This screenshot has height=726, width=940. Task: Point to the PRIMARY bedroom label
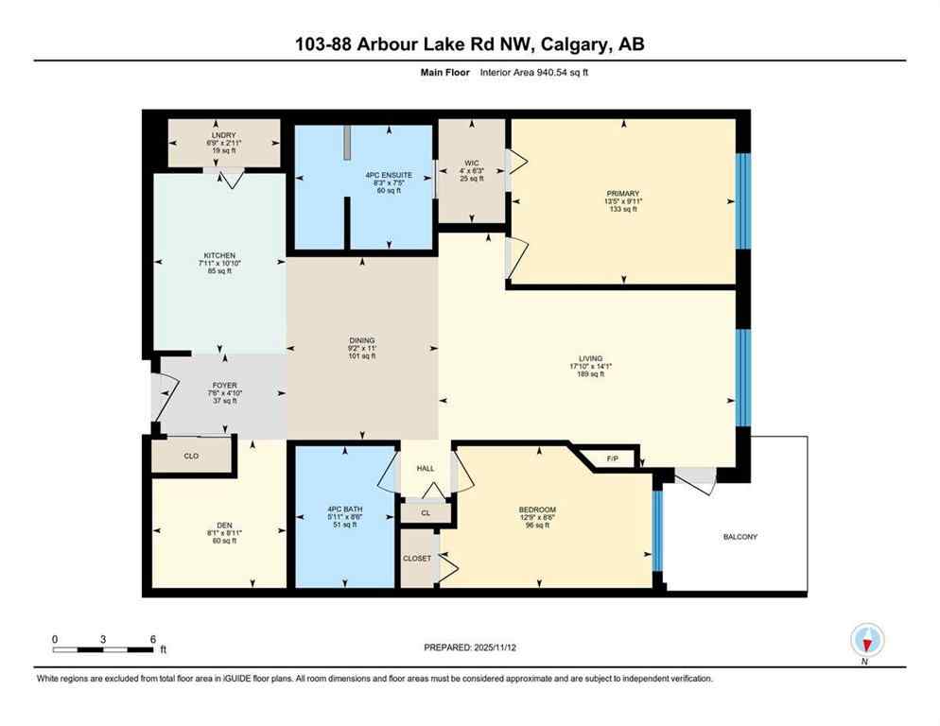(623, 193)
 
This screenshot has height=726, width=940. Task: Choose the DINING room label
(362, 340)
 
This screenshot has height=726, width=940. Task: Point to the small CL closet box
(425, 511)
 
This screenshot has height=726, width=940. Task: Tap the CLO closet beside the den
(191, 457)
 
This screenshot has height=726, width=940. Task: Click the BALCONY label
(740, 536)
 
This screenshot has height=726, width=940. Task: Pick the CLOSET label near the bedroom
(417, 558)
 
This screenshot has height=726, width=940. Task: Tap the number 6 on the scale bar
(153, 638)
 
